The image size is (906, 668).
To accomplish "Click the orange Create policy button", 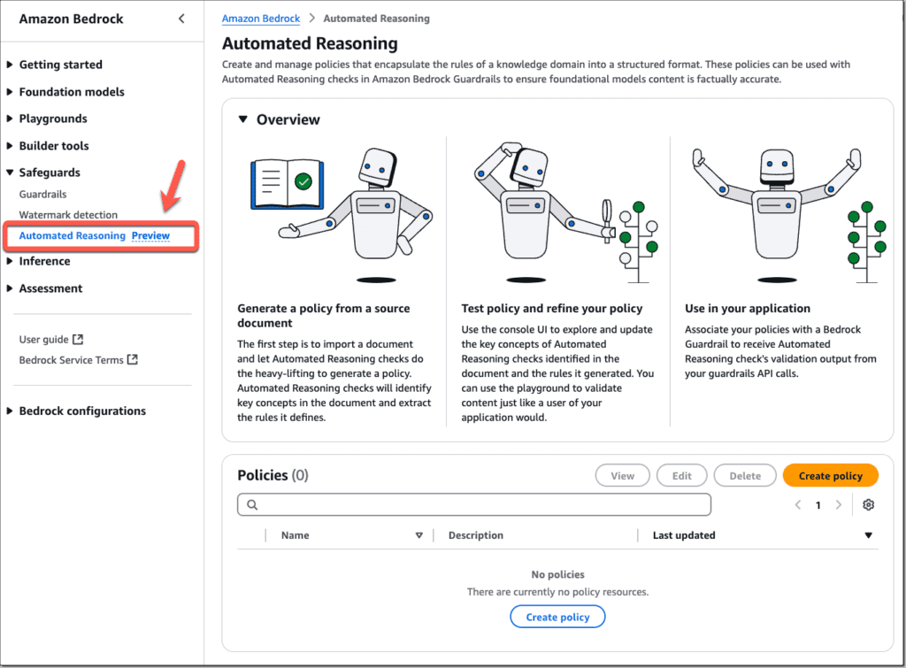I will pyautogui.click(x=830, y=475).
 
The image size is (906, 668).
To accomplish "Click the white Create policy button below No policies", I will pyautogui.click(x=557, y=617).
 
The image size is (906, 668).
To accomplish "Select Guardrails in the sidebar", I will pyautogui.click(x=42, y=194).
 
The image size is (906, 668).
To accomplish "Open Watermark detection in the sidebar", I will pyautogui.click(x=68, y=215).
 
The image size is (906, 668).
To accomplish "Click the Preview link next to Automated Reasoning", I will pyautogui.click(x=150, y=235).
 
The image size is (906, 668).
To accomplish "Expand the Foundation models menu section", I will pyautogui.click(x=72, y=92).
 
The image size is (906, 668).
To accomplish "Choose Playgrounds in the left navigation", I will pyautogui.click(x=53, y=119).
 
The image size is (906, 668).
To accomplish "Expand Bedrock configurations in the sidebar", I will pyautogui.click(x=82, y=411).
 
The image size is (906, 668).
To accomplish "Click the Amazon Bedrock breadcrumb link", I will pyautogui.click(x=261, y=18).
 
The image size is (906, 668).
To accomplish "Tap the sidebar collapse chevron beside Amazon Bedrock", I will pyautogui.click(x=181, y=19).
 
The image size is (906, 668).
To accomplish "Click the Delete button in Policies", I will pyautogui.click(x=744, y=475).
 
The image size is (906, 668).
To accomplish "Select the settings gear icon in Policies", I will pyautogui.click(x=868, y=504).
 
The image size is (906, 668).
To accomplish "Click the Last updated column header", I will pyautogui.click(x=684, y=535).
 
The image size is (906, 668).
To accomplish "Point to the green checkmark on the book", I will pyautogui.click(x=303, y=181).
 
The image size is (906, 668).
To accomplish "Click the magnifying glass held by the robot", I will pyautogui.click(x=608, y=214).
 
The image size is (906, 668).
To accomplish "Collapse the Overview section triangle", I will pyautogui.click(x=243, y=119).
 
